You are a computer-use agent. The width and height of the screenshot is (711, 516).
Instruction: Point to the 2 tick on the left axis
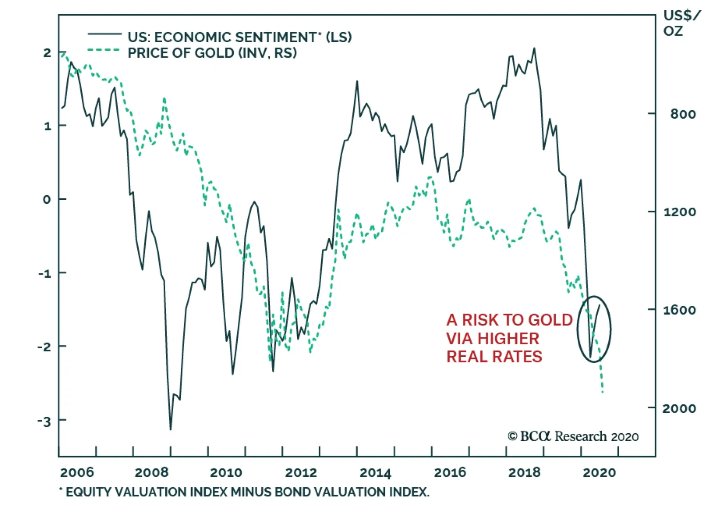47,53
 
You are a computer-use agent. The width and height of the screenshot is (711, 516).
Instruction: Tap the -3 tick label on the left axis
44,421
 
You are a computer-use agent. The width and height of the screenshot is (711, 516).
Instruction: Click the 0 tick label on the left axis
47,200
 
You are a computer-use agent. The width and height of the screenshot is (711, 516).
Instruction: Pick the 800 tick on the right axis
683,114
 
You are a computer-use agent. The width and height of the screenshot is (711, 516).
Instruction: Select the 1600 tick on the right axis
679,310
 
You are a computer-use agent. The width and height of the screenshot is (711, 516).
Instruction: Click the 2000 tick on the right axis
679,408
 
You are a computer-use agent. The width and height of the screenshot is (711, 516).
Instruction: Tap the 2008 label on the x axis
152,472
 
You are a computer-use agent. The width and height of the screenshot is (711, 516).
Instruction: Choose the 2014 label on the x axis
375,472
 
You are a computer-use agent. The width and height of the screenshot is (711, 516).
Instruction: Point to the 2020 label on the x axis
599,472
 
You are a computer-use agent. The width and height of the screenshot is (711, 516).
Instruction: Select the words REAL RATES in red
494,357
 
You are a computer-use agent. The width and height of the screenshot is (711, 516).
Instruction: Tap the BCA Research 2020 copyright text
573,437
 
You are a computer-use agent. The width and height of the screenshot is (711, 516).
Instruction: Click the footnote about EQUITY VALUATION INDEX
244,492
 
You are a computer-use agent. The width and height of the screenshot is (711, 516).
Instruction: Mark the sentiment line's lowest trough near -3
171,429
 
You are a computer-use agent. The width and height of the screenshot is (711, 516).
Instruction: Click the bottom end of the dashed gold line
603,392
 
